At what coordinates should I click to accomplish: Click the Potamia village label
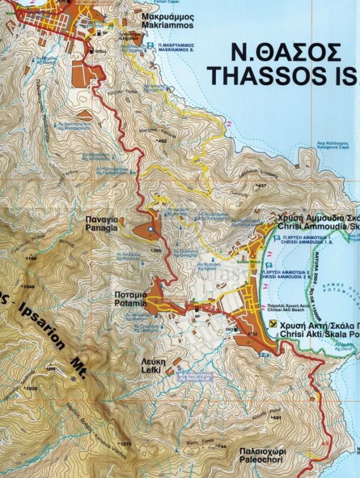click(x=131, y=300)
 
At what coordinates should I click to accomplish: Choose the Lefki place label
click(x=150, y=366)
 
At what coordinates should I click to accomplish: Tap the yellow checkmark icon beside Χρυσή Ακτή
click(x=273, y=324)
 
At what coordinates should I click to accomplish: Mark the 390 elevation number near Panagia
click(x=157, y=250)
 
